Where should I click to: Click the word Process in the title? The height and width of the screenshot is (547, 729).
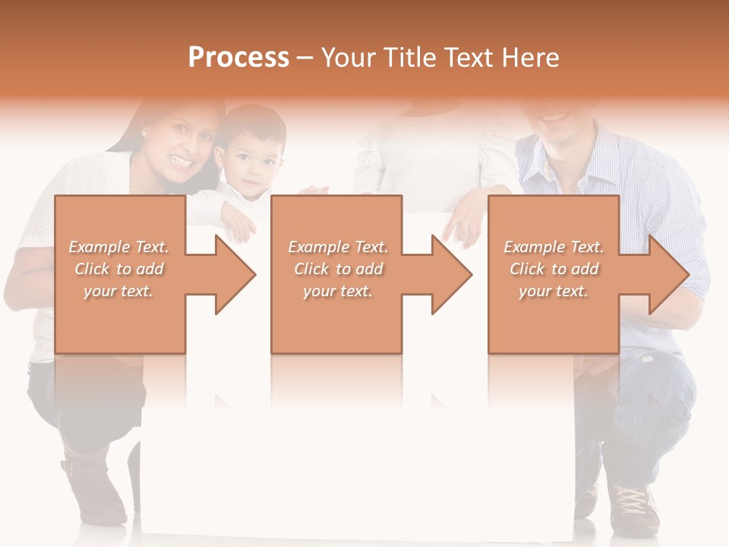click(238, 58)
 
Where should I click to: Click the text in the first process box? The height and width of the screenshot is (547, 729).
click(118, 269)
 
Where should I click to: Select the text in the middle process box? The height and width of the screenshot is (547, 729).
click(337, 269)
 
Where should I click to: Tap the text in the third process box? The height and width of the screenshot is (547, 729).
click(554, 269)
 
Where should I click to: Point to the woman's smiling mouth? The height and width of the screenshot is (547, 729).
click(181, 160)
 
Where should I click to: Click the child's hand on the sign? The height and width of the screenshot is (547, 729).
click(240, 223)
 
